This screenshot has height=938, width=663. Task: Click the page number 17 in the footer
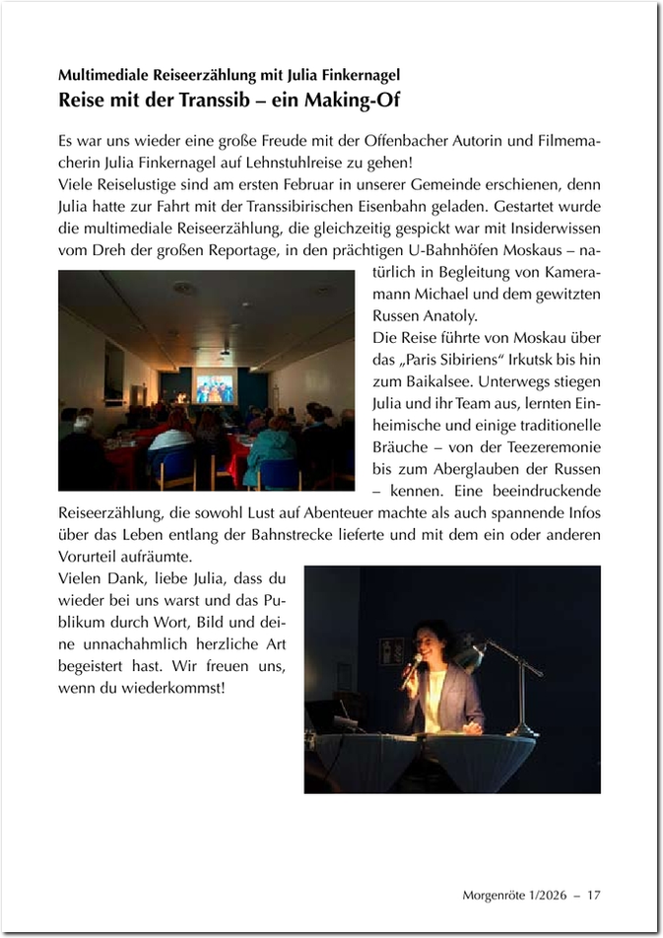(x=593, y=895)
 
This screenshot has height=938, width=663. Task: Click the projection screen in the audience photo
(x=214, y=388)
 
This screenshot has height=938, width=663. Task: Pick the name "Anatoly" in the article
(x=447, y=316)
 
